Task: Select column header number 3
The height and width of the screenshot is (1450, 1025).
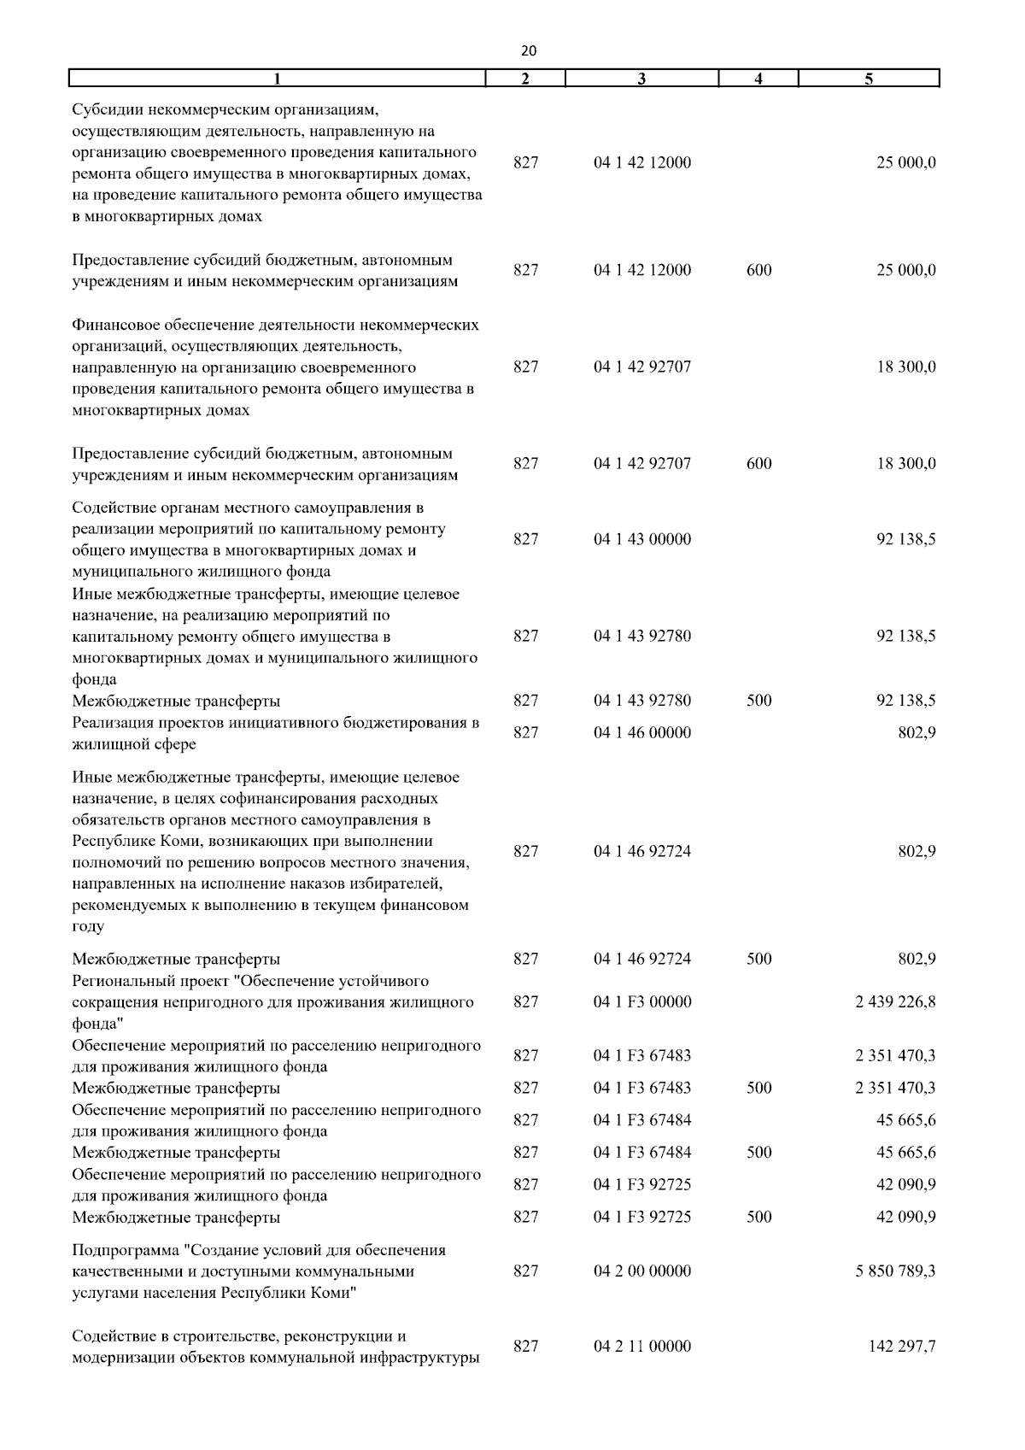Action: [x=641, y=79]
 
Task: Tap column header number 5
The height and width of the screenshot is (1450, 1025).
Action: [x=869, y=79]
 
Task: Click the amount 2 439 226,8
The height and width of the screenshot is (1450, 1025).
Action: [x=895, y=1001]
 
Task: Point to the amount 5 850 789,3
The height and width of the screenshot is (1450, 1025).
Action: [x=895, y=1271]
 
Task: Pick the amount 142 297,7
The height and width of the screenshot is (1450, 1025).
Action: [x=901, y=1346]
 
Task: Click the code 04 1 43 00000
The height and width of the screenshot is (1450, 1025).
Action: [x=642, y=539]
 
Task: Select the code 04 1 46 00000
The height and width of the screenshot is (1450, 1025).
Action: [x=642, y=732]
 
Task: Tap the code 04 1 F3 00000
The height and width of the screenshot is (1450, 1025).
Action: [x=642, y=1001]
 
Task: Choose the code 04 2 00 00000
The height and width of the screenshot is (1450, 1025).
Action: [x=642, y=1271]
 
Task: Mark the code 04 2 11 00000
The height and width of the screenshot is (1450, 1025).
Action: [x=642, y=1346]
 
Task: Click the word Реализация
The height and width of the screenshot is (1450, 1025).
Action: [x=114, y=722]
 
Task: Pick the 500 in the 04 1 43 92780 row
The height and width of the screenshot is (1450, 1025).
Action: [x=758, y=701]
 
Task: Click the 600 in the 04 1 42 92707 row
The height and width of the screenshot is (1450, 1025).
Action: [x=758, y=464]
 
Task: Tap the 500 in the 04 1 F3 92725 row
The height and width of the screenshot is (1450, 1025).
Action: [x=758, y=1217]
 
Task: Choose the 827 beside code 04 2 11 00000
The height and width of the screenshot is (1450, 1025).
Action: [x=526, y=1346]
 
